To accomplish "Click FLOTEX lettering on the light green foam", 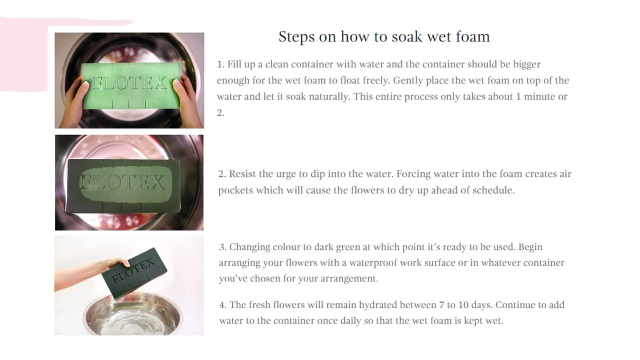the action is click(x=129, y=83).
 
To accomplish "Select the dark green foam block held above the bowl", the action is click(x=134, y=273).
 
